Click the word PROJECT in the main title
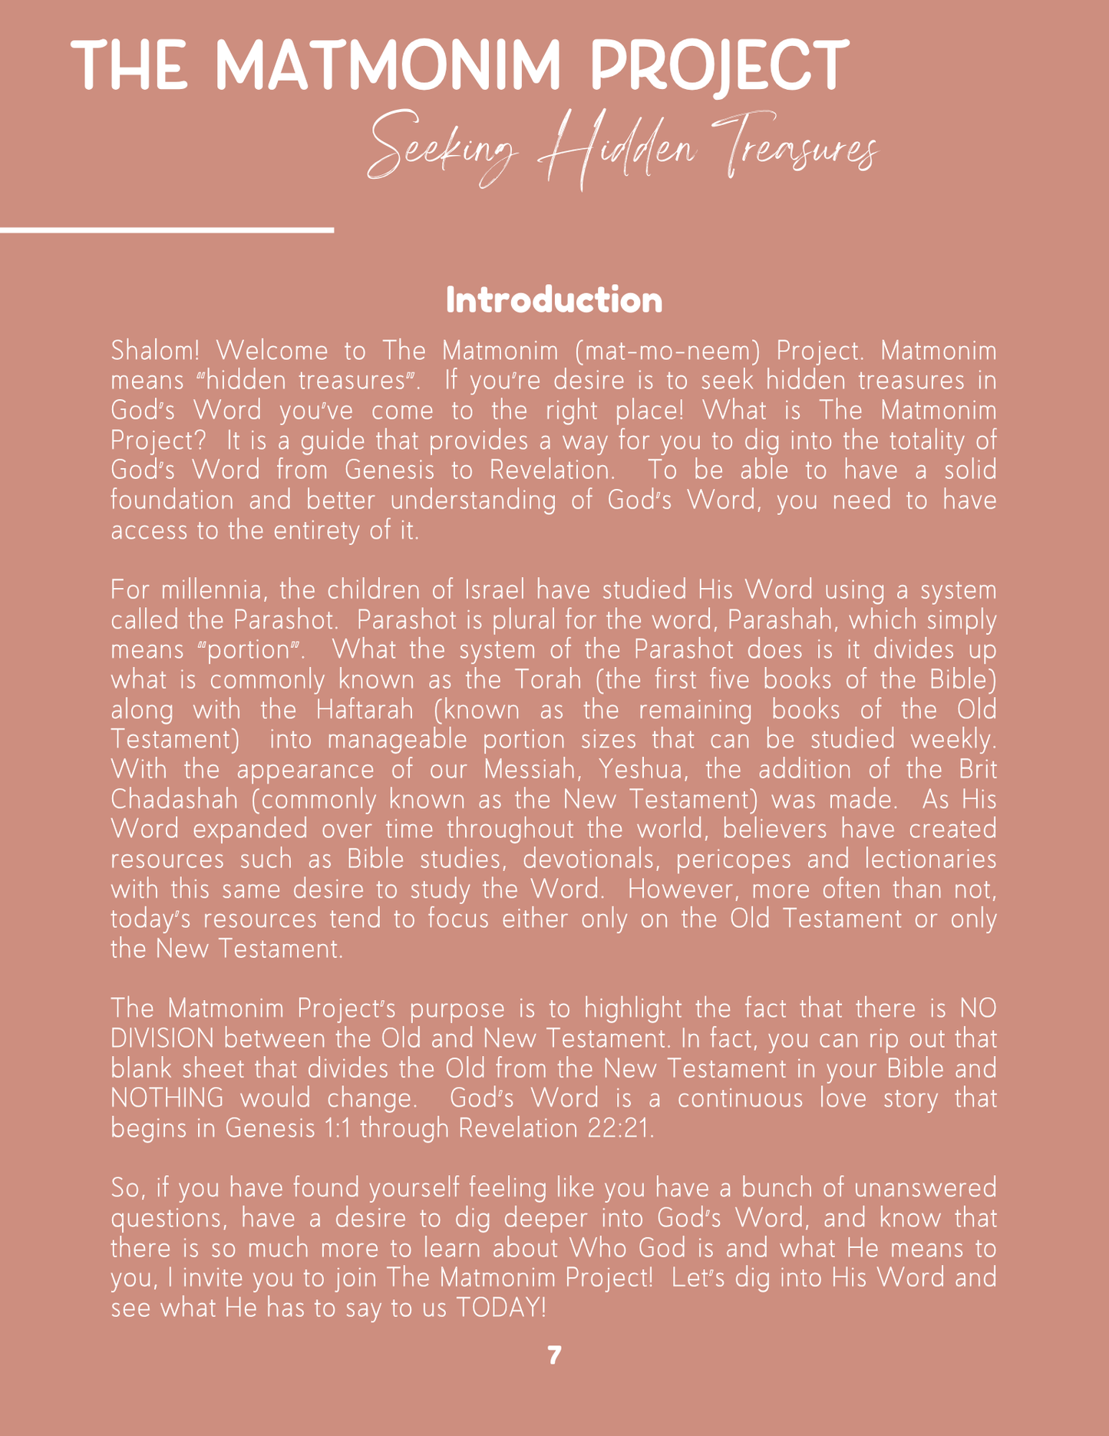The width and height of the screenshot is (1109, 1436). [719, 66]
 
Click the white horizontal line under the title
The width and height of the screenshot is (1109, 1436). [167, 229]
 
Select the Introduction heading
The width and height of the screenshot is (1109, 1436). [554, 300]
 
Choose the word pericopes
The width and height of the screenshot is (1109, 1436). [733, 860]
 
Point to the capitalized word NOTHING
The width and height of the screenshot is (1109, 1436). [167, 1099]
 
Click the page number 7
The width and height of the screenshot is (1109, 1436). [554, 1355]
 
